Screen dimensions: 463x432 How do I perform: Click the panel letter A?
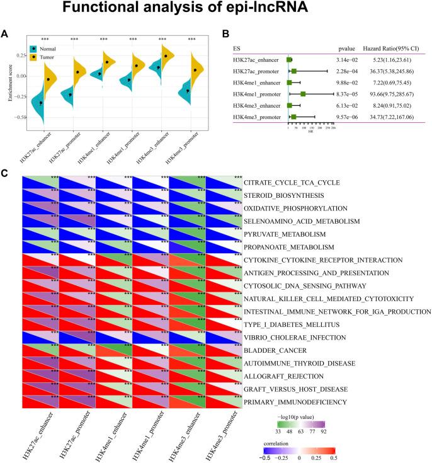pyautogui.click(x=4, y=36)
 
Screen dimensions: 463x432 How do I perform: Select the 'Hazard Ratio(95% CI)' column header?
pyautogui.click(x=394, y=47)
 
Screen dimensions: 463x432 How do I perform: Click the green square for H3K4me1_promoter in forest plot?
pyautogui.click(x=303, y=94)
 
